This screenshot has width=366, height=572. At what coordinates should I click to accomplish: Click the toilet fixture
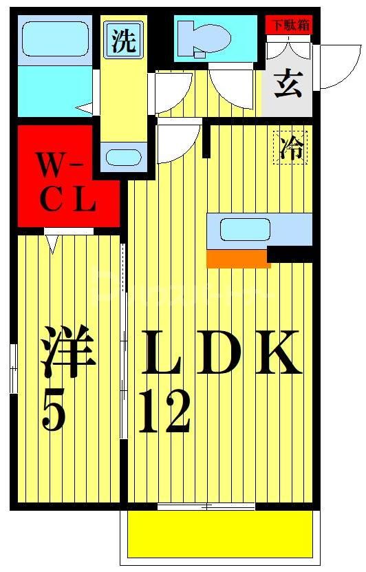(202, 38)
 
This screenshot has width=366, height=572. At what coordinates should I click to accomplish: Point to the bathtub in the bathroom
(54, 41)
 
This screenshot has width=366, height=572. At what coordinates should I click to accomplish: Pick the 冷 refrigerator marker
(291, 148)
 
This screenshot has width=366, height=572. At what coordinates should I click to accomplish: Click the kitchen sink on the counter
(244, 230)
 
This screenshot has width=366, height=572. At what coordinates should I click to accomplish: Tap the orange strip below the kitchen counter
(238, 258)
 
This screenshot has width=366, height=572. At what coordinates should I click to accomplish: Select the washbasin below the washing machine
(124, 156)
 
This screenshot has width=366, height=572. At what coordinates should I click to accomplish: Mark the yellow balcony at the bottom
(220, 535)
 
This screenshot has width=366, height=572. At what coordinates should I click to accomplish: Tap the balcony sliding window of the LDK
(206, 508)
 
